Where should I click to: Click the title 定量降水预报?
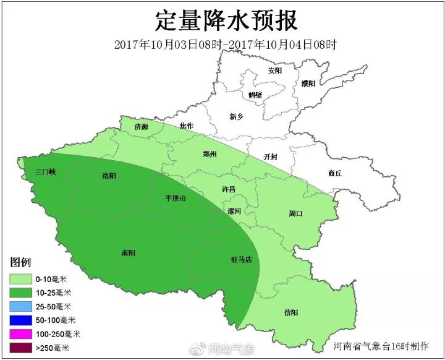click(x=226, y=20)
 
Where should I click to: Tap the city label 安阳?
click(x=275, y=71)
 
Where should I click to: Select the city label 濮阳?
click(x=308, y=83)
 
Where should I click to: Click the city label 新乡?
click(x=237, y=116)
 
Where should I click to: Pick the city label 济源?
click(x=142, y=127)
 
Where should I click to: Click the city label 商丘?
click(x=335, y=174)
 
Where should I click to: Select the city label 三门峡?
click(x=46, y=171)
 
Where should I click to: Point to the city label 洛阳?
click(x=109, y=176)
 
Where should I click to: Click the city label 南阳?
click(x=129, y=252)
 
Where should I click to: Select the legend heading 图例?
click(x=21, y=262)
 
